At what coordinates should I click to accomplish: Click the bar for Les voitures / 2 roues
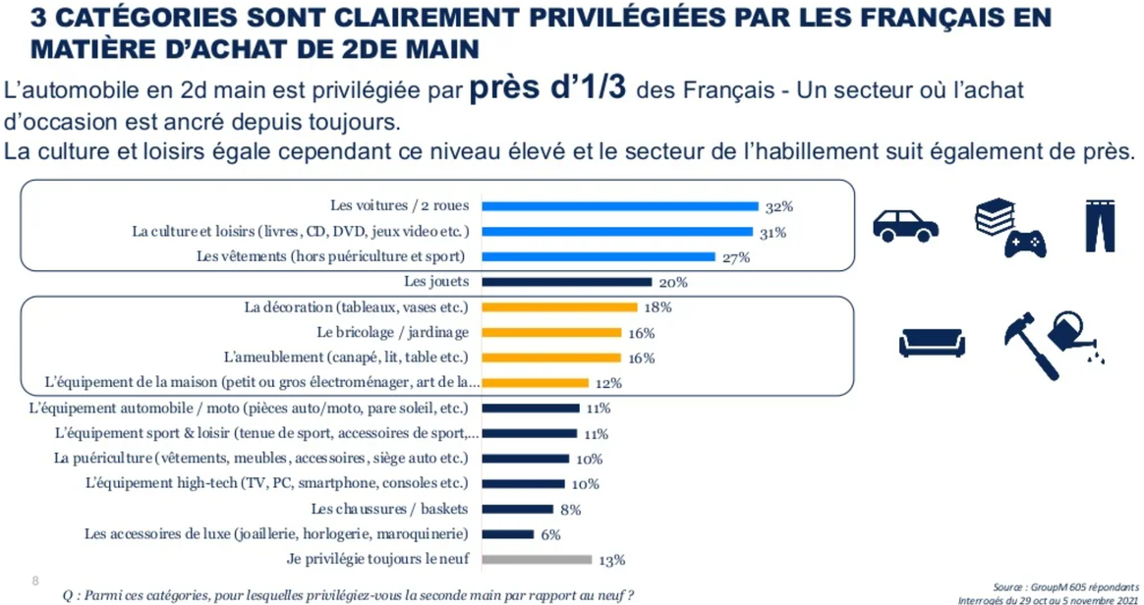pyautogui.click(x=620, y=206)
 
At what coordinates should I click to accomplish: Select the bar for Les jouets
pyautogui.click(x=566, y=282)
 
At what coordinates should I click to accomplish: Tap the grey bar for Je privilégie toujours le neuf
pyautogui.click(x=537, y=560)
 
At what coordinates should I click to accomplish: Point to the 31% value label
pyautogui.click(x=772, y=233)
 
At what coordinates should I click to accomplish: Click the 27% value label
pyautogui.click(x=735, y=257)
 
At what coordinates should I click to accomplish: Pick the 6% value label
pyautogui.click(x=550, y=534)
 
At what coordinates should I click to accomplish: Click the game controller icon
pyautogui.click(x=1023, y=243)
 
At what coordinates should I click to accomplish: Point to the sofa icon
pyautogui.click(x=932, y=342)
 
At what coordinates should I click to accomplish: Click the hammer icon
pyautogui.click(x=1031, y=345)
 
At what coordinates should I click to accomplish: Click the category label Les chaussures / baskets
pyautogui.click(x=389, y=509)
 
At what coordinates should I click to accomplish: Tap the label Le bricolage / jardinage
pyautogui.click(x=392, y=332)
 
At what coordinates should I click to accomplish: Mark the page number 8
pyautogui.click(x=36, y=580)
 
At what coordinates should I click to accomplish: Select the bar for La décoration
pyautogui.click(x=559, y=307)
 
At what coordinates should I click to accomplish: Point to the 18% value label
pyautogui.click(x=658, y=307)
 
